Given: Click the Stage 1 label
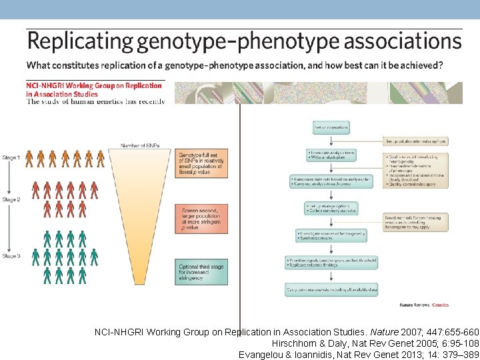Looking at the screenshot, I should pyautogui.click(x=11, y=157).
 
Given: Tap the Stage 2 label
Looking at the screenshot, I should pyautogui.click(x=11, y=199).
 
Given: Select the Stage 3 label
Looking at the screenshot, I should pyautogui.click(x=11, y=256).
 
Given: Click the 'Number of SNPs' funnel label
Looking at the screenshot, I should pyautogui.click(x=140, y=145).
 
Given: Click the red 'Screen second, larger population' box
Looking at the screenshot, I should pyautogui.click(x=201, y=219).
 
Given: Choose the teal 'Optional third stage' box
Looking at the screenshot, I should pyautogui.click(x=201, y=274).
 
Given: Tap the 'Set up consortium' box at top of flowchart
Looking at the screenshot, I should pyautogui.click(x=331, y=127).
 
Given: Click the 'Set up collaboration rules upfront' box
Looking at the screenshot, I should pyautogui.click(x=415, y=141).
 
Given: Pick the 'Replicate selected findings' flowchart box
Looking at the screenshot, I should pyautogui.click(x=331, y=263).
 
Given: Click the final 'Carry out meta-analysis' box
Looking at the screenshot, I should pyautogui.click(x=331, y=290).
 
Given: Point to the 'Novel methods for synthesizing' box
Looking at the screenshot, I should pyautogui.click(x=415, y=223).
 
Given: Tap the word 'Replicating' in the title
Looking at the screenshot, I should pyautogui.click(x=80, y=42).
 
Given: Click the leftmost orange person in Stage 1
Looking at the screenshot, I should pyautogui.click(x=29, y=159).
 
